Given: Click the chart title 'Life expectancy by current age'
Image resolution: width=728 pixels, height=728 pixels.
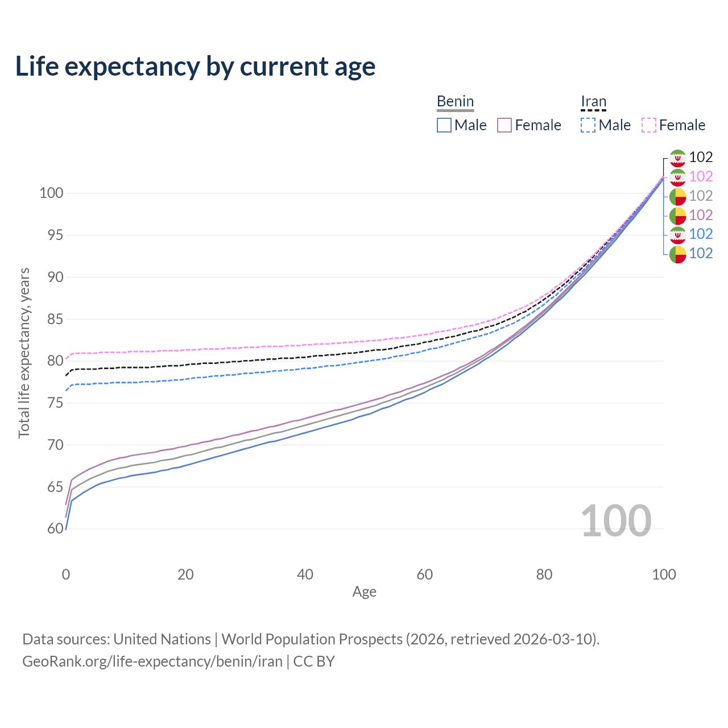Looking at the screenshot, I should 195,67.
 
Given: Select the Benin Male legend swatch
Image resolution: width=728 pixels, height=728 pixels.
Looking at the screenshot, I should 444,125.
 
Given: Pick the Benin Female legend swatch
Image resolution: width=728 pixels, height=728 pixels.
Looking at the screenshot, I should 504,125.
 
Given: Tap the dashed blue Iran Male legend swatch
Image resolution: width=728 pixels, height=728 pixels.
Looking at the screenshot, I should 588,125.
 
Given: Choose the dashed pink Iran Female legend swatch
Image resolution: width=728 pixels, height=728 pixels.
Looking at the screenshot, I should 649,125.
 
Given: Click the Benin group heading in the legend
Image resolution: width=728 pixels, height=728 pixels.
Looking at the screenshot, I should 455,101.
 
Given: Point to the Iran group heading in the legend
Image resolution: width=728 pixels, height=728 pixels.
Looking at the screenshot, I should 593,101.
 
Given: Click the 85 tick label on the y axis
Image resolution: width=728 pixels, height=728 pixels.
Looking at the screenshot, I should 51,319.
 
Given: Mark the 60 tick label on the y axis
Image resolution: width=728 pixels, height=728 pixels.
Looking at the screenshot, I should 55,529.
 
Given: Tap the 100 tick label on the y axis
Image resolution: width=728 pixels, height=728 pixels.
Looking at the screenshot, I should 51,193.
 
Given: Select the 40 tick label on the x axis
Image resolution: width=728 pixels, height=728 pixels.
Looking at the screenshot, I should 305,574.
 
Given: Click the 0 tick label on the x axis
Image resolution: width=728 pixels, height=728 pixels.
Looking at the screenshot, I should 66,574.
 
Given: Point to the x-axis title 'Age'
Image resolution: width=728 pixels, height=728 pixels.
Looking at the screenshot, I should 364,591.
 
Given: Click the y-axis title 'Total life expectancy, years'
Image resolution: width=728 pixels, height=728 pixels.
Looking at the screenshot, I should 24,353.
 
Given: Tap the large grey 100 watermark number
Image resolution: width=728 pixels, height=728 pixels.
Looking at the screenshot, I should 615,521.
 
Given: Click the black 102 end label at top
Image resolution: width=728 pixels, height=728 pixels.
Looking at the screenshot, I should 701,157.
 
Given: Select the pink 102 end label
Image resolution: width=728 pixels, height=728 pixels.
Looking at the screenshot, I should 701,176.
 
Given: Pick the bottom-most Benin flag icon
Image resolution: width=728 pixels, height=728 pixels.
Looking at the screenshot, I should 677,254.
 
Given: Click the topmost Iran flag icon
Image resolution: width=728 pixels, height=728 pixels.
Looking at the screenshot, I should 677,158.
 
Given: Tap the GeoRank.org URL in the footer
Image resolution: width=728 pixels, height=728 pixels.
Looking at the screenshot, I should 152,661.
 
